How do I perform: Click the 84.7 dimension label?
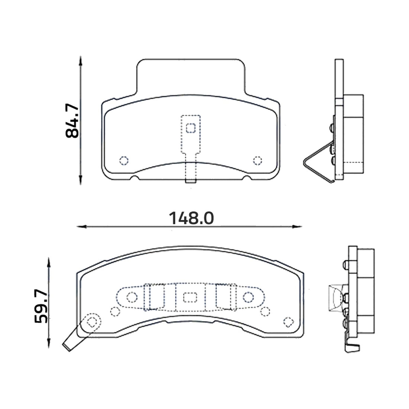tap(72, 121)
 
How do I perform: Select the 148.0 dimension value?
tap(191, 218)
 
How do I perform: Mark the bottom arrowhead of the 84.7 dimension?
tap(81, 180)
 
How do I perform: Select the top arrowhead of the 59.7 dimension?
tap(49, 262)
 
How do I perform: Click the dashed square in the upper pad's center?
tap(191, 128)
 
